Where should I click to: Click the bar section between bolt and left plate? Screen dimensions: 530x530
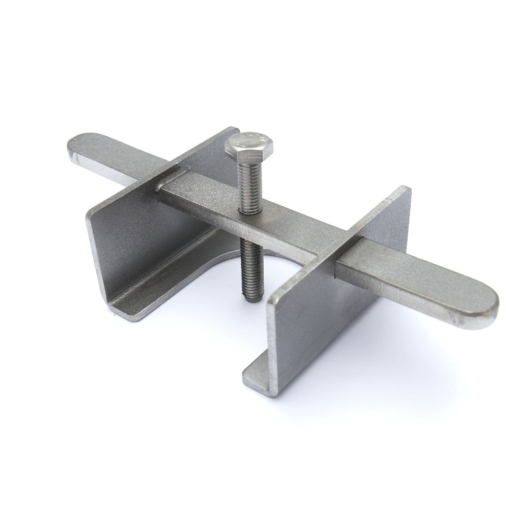[x=203, y=194]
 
